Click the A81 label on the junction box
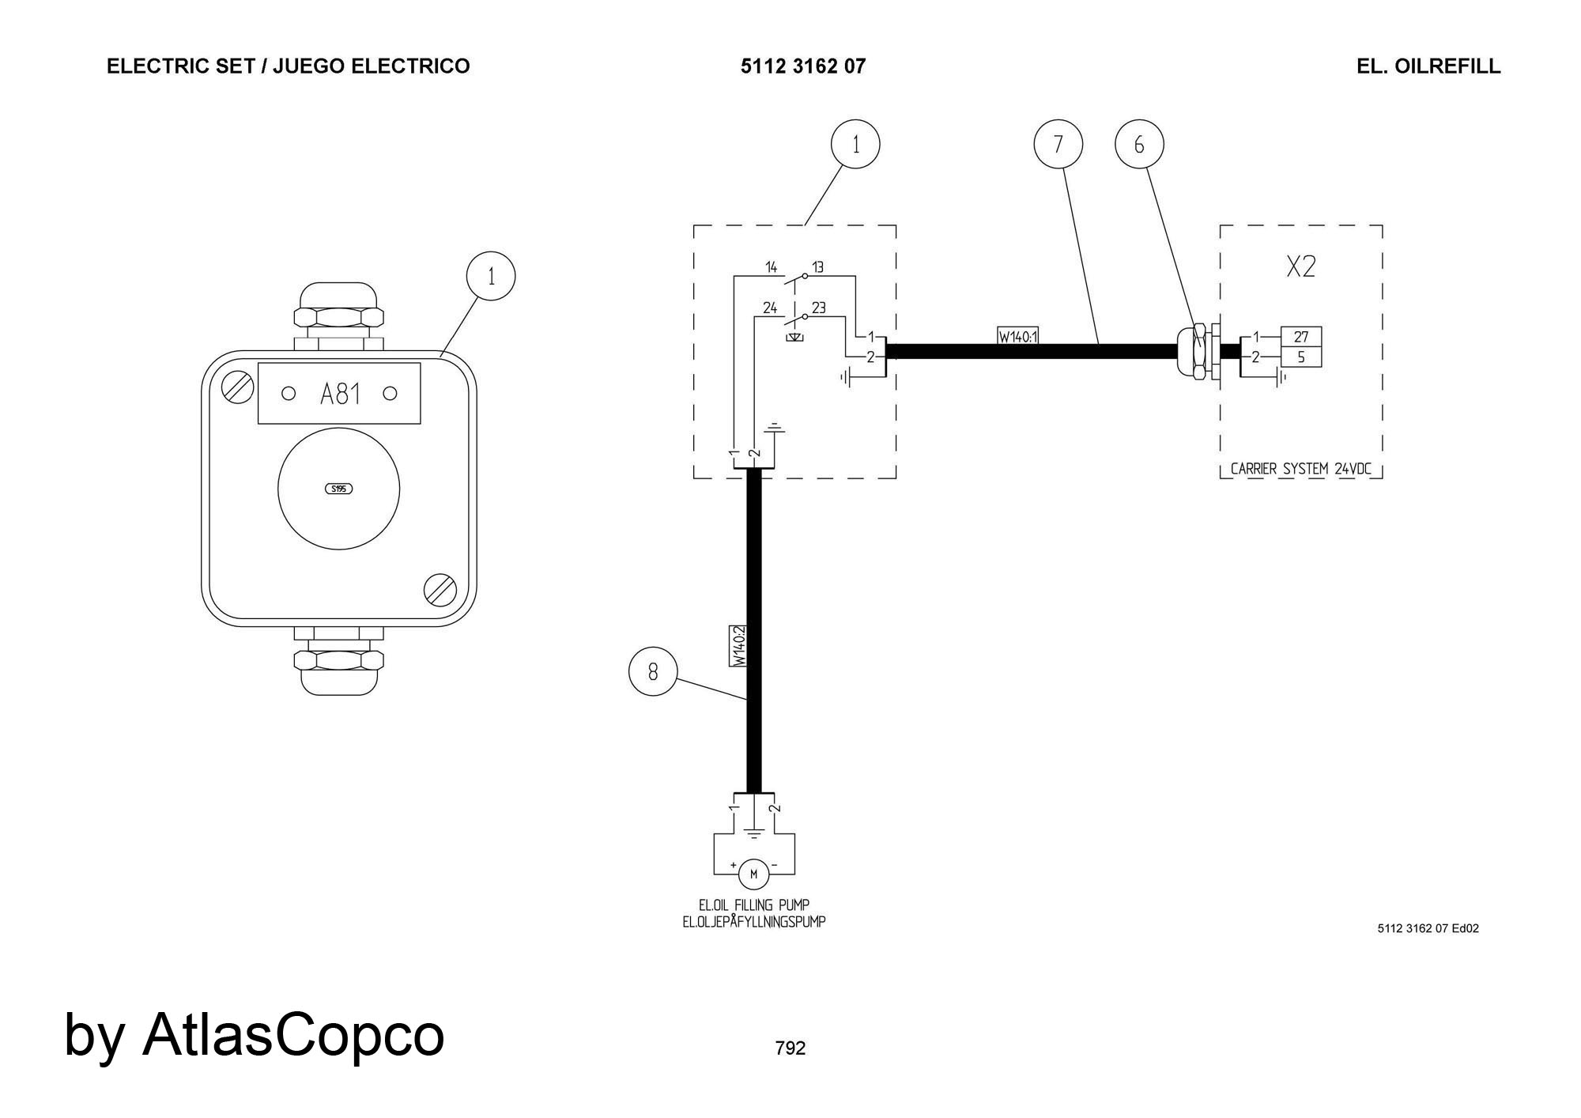(x=339, y=394)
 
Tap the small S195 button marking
(x=339, y=489)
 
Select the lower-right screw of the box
(x=440, y=590)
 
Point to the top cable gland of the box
(x=338, y=316)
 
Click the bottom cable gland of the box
(x=338, y=661)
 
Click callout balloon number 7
(x=1058, y=144)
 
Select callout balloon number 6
(x=1139, y=145)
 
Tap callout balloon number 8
(x=653, y=671)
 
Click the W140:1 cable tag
(x=1017, y=337)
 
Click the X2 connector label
(x=1300, y=267)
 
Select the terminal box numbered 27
(x=1300, y=337)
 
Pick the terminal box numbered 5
(x=1300, y=357)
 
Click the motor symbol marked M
(x=753, y=874)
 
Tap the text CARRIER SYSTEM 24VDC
(x=1301, y=469)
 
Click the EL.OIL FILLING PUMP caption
(x=754, y=905)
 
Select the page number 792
(x=790, y=1048)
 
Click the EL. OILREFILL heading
(x=1428, y=66)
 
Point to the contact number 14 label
(x=771, y=267)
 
